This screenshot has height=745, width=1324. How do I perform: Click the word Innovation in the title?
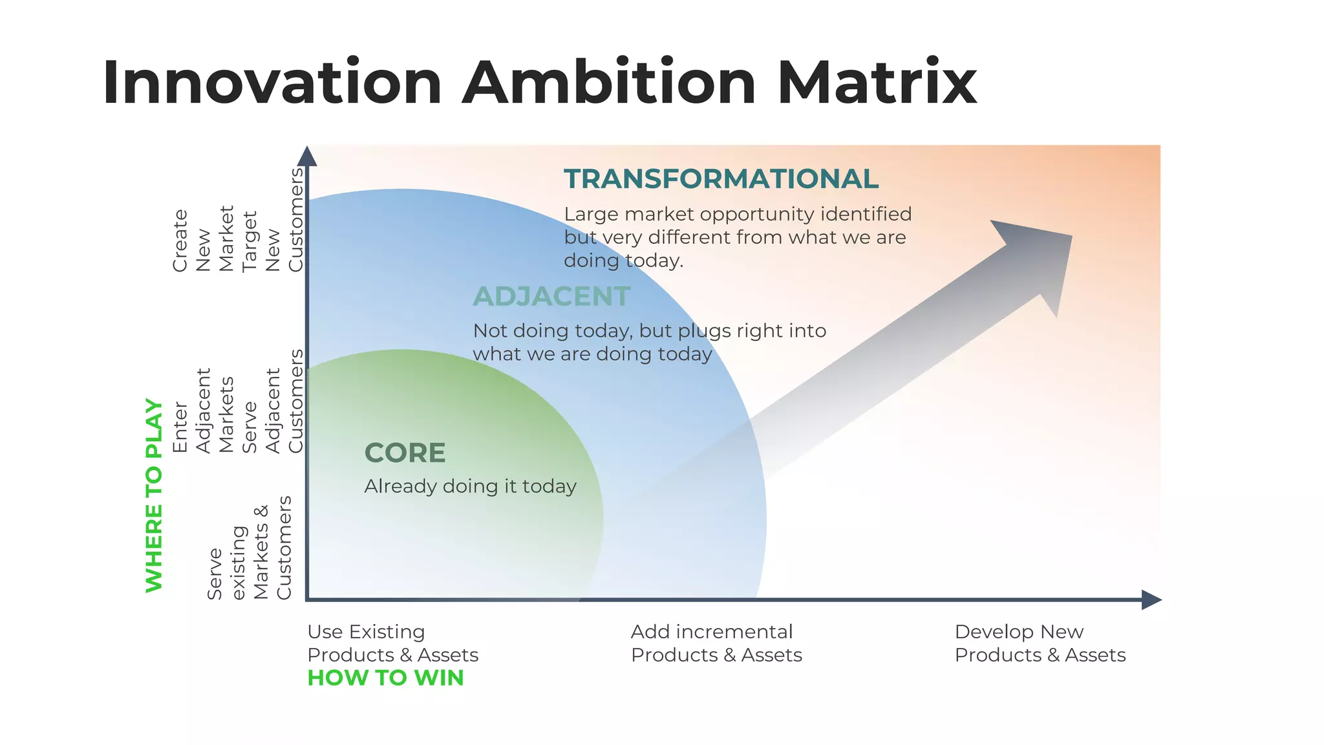(272, 83)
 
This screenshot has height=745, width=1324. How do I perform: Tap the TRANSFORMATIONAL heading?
(721, 179)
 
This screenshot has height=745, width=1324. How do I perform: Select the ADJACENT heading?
(551, 297)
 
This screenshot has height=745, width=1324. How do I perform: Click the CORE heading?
(405, 453)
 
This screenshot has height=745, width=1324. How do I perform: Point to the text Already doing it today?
(470, 486)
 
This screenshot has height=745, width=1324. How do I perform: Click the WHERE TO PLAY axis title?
(154, 495)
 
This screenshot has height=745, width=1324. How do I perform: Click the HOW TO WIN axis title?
(385, 678)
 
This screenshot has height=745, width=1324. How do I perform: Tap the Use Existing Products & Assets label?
(392, 643)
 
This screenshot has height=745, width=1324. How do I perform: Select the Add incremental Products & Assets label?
(716, 643)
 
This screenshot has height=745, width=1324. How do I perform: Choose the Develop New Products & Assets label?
(1040, 643)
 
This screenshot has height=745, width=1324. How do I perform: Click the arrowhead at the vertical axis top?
(307, 157)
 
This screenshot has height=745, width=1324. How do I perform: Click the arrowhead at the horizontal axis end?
(1151, 599)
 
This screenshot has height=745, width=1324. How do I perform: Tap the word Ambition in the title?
(609, 83)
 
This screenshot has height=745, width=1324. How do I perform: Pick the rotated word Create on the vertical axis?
(180, 241)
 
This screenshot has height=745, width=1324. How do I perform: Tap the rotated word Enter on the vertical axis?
(180, 427)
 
